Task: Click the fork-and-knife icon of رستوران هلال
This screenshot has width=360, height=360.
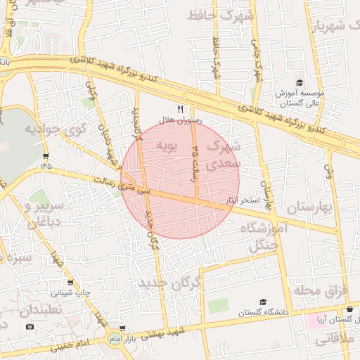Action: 181,109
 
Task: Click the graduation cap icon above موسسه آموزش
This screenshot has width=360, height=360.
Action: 299,83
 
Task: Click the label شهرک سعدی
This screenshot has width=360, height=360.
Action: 226,154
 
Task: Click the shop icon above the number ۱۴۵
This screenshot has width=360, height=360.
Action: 46,156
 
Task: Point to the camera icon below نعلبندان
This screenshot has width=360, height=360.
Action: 30,326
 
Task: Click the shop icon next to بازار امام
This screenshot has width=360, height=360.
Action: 123,328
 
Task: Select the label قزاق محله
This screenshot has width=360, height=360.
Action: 318,290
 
